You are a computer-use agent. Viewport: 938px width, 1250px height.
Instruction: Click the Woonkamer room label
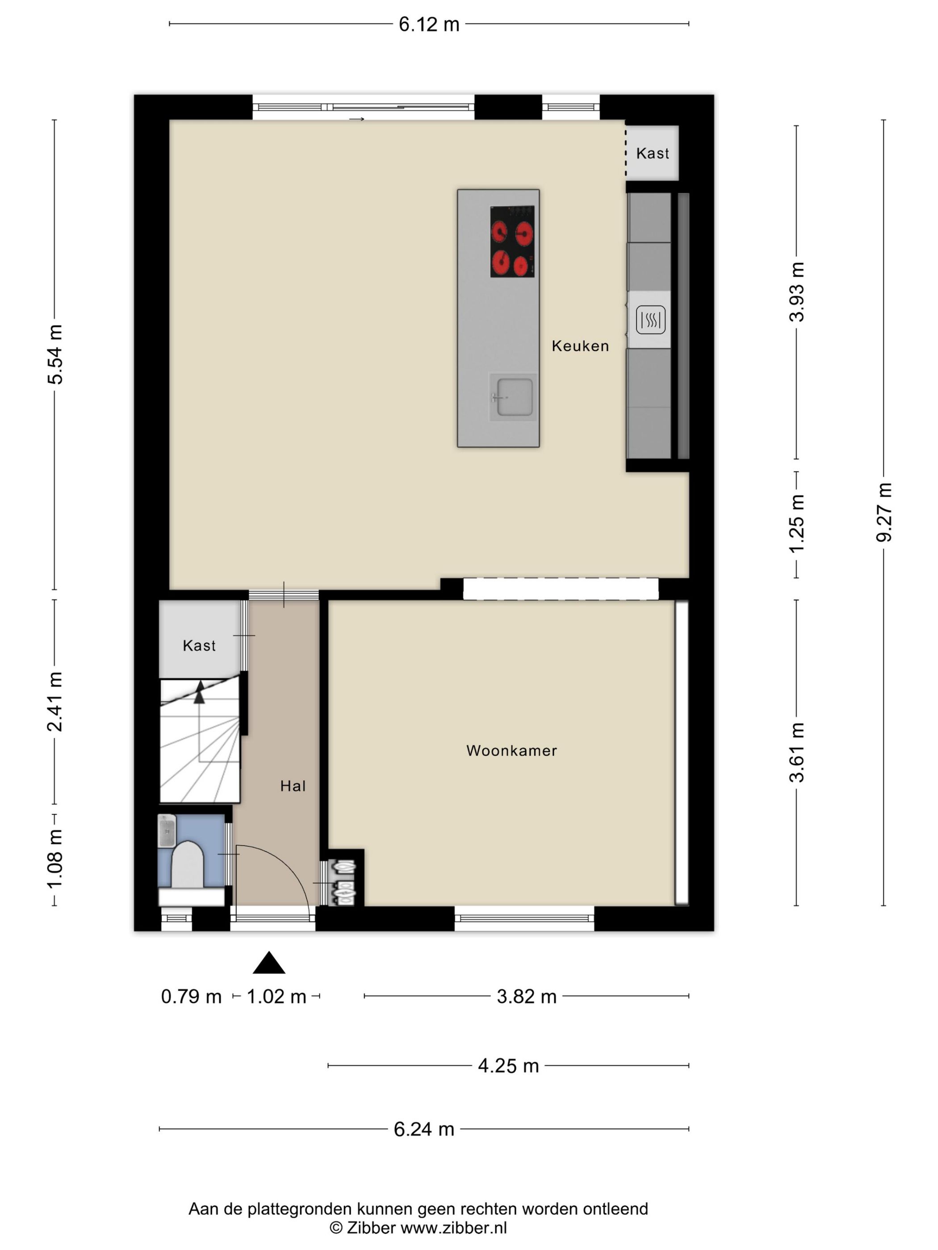(511, 750)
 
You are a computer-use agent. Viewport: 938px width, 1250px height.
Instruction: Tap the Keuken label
(580, 346)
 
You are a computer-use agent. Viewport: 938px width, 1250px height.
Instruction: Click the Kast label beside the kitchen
(653, 153)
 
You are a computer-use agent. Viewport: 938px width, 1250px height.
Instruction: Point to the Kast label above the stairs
(199, 646)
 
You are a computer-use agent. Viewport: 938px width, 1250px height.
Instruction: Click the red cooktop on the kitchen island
(512, 242)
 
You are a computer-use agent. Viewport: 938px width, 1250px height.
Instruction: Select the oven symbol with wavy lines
(650, 320)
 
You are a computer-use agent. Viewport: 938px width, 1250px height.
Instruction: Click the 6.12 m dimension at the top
(429, 24)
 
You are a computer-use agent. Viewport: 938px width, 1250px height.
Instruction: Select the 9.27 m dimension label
(884, 512)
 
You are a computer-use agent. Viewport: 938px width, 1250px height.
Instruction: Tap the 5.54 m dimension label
(55, 354)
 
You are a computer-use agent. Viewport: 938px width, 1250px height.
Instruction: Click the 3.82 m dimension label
(526, 996)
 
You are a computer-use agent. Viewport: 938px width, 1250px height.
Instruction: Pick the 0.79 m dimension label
(191, 996)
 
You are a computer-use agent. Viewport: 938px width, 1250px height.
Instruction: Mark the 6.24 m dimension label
(424, 1129)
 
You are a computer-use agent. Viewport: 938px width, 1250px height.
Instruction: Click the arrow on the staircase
(199, 692)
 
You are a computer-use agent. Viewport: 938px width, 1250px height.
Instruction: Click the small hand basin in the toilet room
(167, 830)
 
